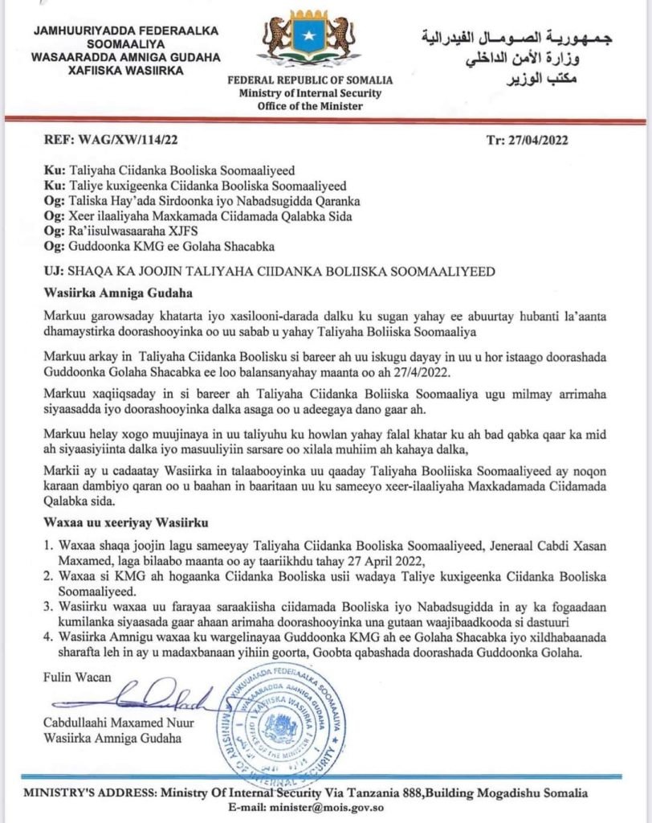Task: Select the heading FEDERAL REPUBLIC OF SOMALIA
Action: [310, 80]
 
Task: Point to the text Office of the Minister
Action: [310, 104]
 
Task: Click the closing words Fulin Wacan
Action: [77, 677]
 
